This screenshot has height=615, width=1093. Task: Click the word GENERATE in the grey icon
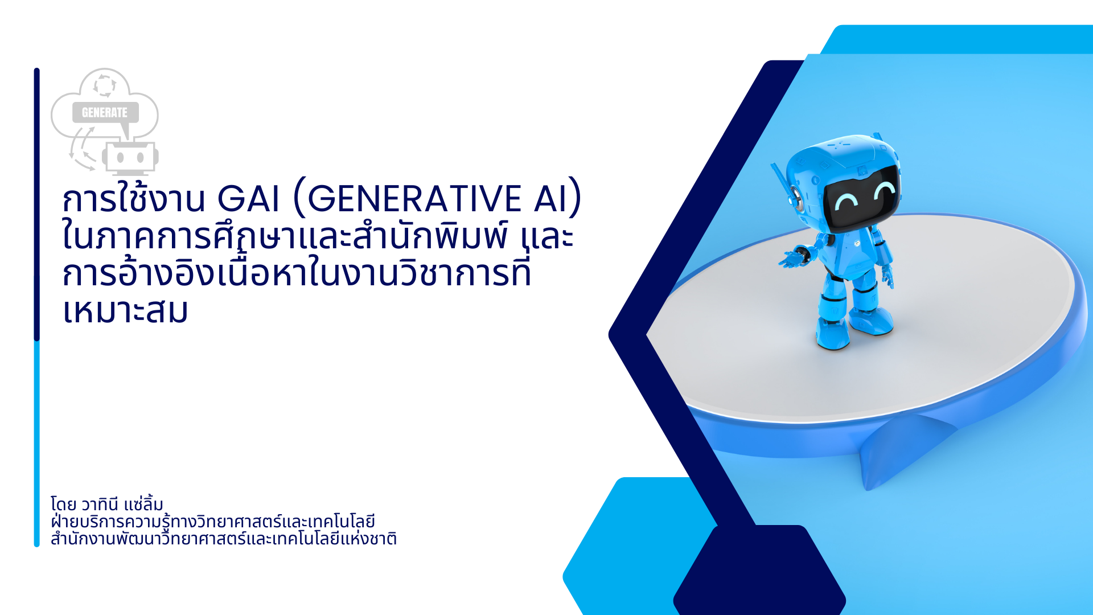click(105, 113)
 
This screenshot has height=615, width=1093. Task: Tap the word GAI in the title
click(249, 199)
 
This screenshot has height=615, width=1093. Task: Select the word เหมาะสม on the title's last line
click(125, 311)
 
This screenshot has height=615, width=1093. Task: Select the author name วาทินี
click(99, 505)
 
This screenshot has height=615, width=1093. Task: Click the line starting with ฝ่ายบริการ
click(212, 522)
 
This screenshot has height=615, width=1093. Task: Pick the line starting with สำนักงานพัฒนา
click(223, 539)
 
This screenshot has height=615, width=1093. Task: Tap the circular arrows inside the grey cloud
click(105, 85)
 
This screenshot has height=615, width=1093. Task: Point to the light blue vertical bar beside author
click(37, 444)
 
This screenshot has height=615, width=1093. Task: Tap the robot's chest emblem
click(857, 244)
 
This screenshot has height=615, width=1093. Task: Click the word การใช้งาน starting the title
click(134, 197)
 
